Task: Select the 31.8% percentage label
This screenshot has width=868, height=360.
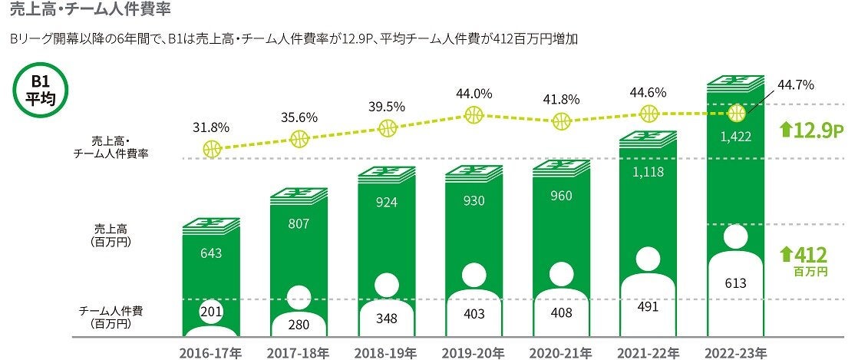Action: [x=211, y=127]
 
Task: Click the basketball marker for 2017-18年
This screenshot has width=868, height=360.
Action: [x=299, y=139]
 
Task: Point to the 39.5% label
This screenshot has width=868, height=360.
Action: [x=387, y=107]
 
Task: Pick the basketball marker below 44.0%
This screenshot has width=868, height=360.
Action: [x=474, y=116]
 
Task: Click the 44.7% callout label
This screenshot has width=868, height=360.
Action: [x=775, y=84]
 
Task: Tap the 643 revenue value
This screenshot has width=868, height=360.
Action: [x=212, y=253]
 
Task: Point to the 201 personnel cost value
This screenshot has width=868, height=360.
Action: [x=211, y=312]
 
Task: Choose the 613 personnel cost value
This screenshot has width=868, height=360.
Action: [x=736, y=283]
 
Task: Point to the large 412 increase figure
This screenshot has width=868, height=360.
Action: [x=811, y=255]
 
